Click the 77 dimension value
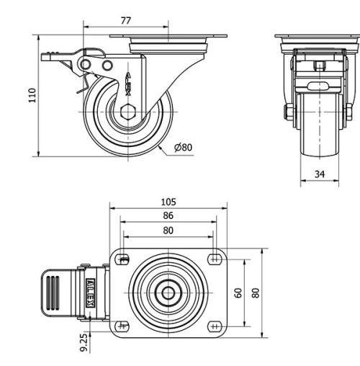click(x=126, y=21)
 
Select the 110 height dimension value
click(x=31, y=95)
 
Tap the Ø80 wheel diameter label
click(x=184, y=148)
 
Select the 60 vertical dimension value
click(x=239, y=293)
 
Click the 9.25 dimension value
click(x=85, y=342)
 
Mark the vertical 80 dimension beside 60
click(x=256, y=293)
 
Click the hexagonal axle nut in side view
click(x=129, y=112)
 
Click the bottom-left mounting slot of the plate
click(x=123, y=327)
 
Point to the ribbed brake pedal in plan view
click(x=58, y=293)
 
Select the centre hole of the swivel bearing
click(x=168, y=293)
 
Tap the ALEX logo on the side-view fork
click(x=129, y=83)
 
